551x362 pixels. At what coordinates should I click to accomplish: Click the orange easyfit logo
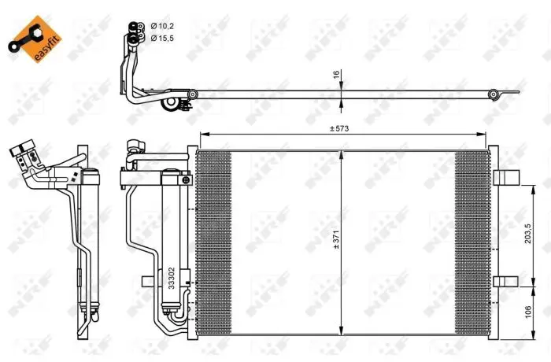pos(35,39)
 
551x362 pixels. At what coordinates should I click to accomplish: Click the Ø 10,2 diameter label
pos(162,26)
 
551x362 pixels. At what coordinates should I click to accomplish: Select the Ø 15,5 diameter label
pos(162,39)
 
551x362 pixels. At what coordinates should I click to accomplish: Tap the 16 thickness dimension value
pos(336,74)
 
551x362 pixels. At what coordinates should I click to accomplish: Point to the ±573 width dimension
pos(339,128)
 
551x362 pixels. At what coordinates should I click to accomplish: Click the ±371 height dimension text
pos(336,240)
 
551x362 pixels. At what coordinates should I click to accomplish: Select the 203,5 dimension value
pos(528,234)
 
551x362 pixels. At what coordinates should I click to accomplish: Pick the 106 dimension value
pos(528,312)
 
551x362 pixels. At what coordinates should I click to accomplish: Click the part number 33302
pos(171,278)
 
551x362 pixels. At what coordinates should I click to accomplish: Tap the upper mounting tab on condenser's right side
pos(506,178)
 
